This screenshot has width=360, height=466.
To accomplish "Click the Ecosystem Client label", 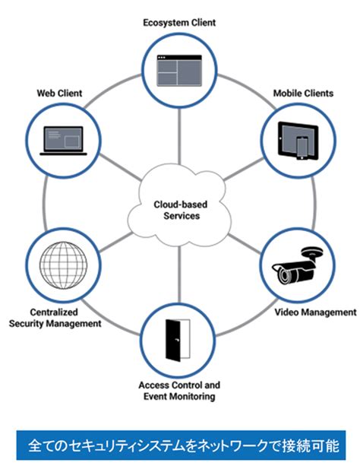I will click(x=179, y=23).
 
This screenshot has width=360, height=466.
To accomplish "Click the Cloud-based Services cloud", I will click(x=179, y=208).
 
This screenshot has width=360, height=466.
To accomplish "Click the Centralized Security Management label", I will click(x=55, y=318).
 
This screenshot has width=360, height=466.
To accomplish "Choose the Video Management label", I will click(x=314, y=312).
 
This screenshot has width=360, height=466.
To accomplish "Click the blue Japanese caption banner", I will click(x=179, y=443).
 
